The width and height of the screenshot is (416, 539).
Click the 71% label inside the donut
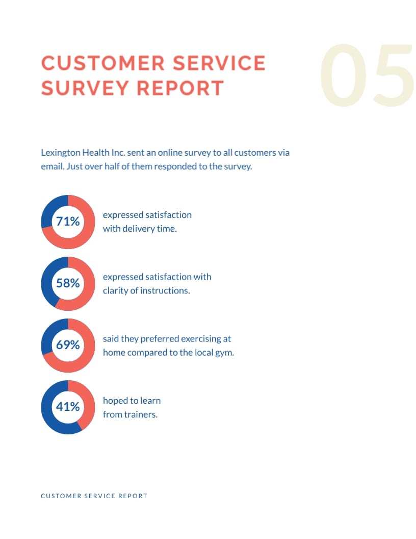(x=68, y=222)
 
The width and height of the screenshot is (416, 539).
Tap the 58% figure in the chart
(x=68, y=283)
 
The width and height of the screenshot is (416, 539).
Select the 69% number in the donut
(x=68, y=345)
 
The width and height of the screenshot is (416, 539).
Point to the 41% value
(x=68, y=407)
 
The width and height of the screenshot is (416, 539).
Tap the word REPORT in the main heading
(x=180, y=88)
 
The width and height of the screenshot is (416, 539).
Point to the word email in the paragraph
(x=51, y=166)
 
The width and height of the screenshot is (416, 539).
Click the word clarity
(x=116, y=290)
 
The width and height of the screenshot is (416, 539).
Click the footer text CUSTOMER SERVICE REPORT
(x=94, y=496)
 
